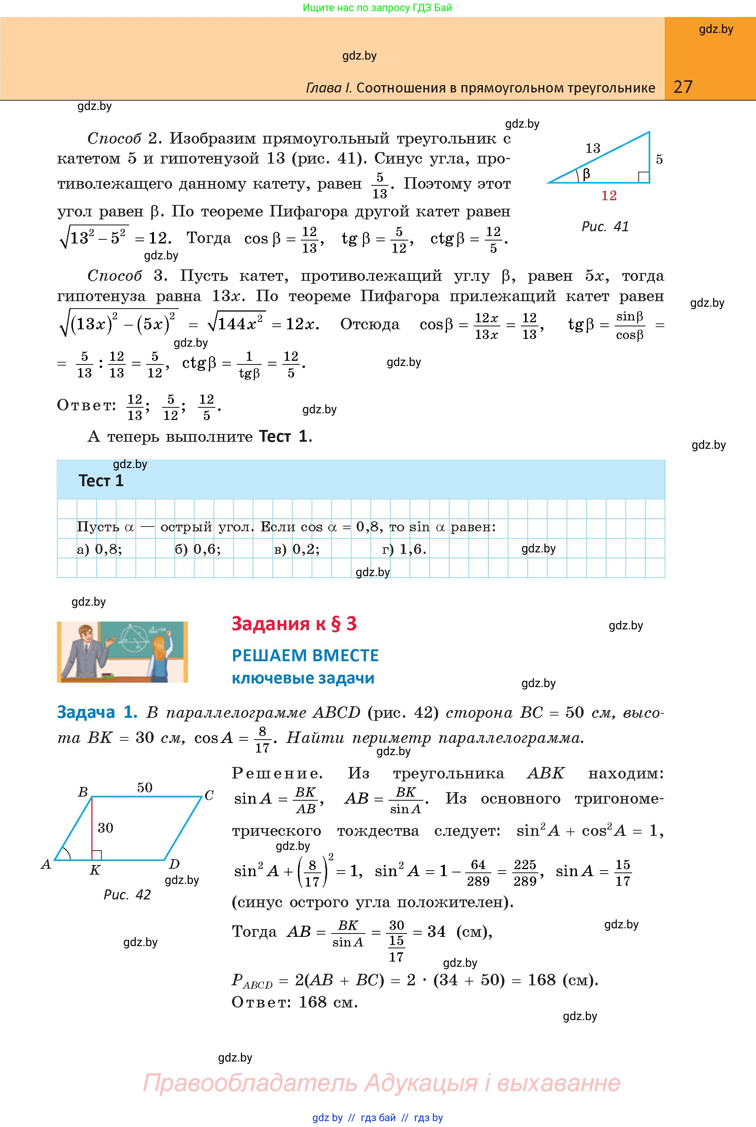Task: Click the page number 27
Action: point(683,87)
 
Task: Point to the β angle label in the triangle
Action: point(586,174)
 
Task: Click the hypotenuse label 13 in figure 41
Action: point(592,148)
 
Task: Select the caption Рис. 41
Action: point(605,226)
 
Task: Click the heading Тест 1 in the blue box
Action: point(101,481)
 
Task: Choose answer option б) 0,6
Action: point(198,549)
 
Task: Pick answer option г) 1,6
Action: point(404,549)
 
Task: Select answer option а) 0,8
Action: point(99,549)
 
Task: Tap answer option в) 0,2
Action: point(296,549)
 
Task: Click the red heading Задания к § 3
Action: point(294,624)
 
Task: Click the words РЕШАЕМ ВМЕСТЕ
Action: point(305,656)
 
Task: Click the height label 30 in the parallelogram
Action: point(105,828)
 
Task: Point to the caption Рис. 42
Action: point(127,895)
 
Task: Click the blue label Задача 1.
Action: point(97,712)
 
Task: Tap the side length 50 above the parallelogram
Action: point(145,788)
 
